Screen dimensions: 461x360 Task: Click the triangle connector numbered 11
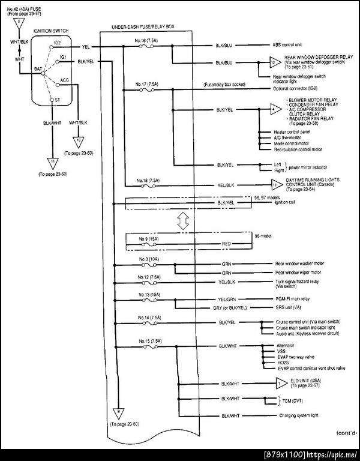52,161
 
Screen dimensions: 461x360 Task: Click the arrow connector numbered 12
272,62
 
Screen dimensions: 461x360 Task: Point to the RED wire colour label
227,244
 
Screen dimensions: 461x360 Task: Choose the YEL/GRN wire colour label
227,298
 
